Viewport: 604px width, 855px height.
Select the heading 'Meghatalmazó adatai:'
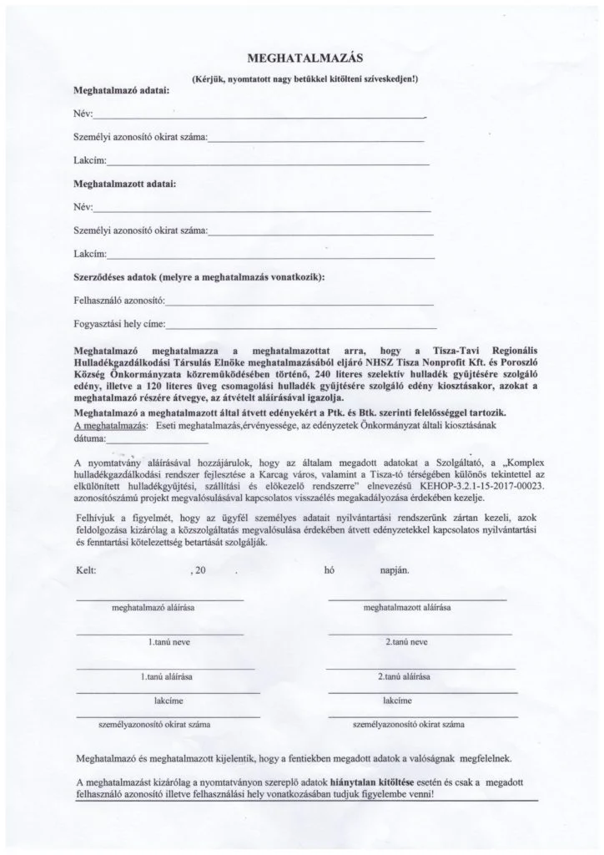121,89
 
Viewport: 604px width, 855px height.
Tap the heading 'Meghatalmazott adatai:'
124,182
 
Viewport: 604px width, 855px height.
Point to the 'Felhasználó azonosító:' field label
121,299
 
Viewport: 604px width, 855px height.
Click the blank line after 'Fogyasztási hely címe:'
300,325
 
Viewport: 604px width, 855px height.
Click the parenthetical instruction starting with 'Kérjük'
305,78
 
